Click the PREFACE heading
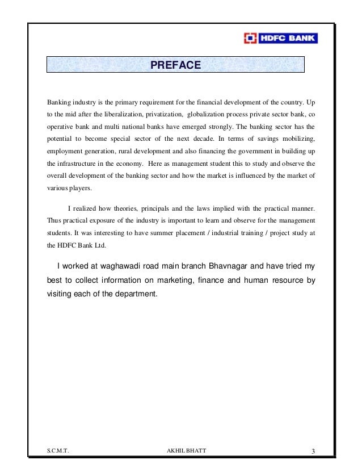175,66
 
